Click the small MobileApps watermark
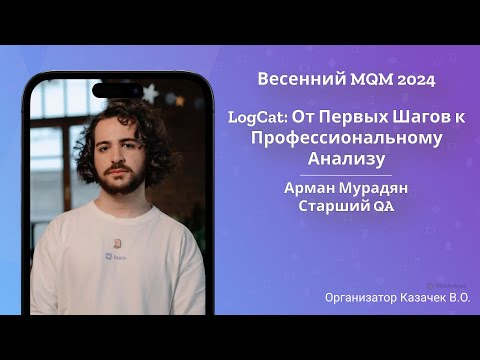pyautogui.click(x=445, y=284)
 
